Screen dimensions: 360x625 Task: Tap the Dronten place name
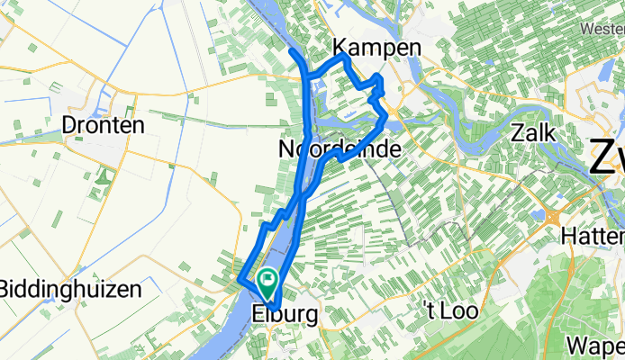(x=104, y=126)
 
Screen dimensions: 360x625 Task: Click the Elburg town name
(x=285, y=316)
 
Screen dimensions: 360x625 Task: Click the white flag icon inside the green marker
(x=267, y=281)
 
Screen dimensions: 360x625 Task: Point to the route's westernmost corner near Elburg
(x=239, y=283)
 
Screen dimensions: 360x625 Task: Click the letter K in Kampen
(x=340, y=48)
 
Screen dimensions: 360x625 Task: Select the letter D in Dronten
(x=69, y=126)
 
